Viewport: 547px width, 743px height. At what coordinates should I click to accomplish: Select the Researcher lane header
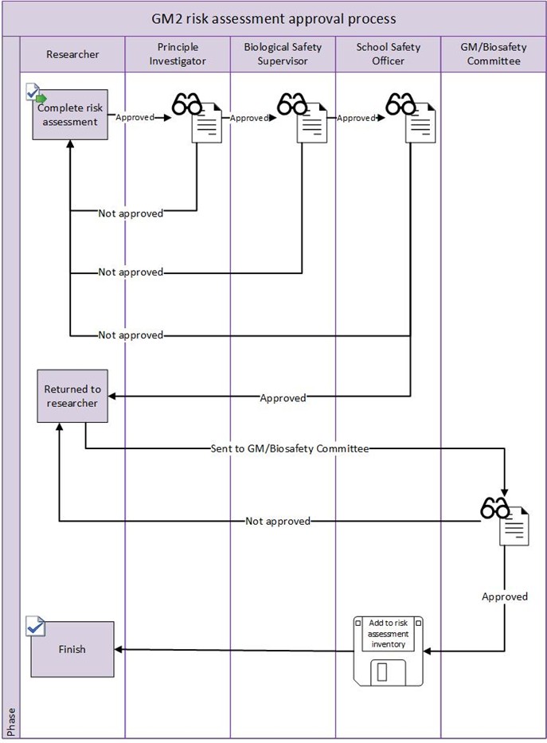[x=72, y=54]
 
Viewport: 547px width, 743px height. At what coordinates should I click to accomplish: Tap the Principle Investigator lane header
[x=178, y=54]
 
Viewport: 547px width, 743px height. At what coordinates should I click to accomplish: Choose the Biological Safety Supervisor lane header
[x=283, y=54]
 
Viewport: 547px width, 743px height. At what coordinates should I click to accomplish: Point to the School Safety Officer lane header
[x=388, y=54]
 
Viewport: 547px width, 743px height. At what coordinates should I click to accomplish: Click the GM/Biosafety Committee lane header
[x=493, y=54]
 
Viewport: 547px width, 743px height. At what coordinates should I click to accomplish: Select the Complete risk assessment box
[x=70, y=115]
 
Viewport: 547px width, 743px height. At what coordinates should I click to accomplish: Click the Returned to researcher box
[x=72, y=396]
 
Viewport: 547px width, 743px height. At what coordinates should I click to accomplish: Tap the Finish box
[x=72, y=649]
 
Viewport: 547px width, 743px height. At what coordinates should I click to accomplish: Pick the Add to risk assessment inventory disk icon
[x=389, y=650]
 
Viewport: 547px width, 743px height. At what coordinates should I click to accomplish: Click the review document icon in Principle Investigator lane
[x=197, y=118]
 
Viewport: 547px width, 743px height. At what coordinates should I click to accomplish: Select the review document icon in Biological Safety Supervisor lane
[x=303, y=118]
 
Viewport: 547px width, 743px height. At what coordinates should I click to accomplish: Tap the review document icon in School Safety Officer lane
[x=410, y=118]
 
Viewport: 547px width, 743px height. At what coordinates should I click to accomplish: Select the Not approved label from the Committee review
[x=277, y=522]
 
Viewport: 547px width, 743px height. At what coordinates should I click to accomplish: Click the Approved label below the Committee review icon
[x=505, y=596]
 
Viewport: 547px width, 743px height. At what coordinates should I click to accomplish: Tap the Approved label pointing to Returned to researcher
[x=283, y=397]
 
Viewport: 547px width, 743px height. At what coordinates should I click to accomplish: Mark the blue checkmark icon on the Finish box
[x=34, y=626]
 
